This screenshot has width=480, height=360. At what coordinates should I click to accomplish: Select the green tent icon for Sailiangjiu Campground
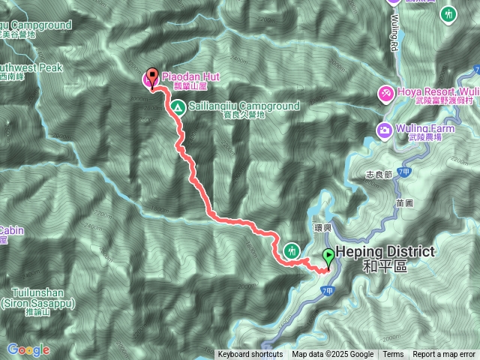click(178, 108)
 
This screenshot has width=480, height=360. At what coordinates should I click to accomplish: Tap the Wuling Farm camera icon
click(385, 128)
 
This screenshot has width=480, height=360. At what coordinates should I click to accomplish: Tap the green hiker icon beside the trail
click(292, 250)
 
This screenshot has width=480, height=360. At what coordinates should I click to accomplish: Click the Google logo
click(28, 349)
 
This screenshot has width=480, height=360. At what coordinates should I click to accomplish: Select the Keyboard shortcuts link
click(250, 355)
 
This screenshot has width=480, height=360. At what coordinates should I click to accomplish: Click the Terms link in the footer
click(393, 355)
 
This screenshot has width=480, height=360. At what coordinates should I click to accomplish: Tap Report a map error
click(444, 355)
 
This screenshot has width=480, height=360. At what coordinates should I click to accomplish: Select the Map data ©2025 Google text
click(332, 355)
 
